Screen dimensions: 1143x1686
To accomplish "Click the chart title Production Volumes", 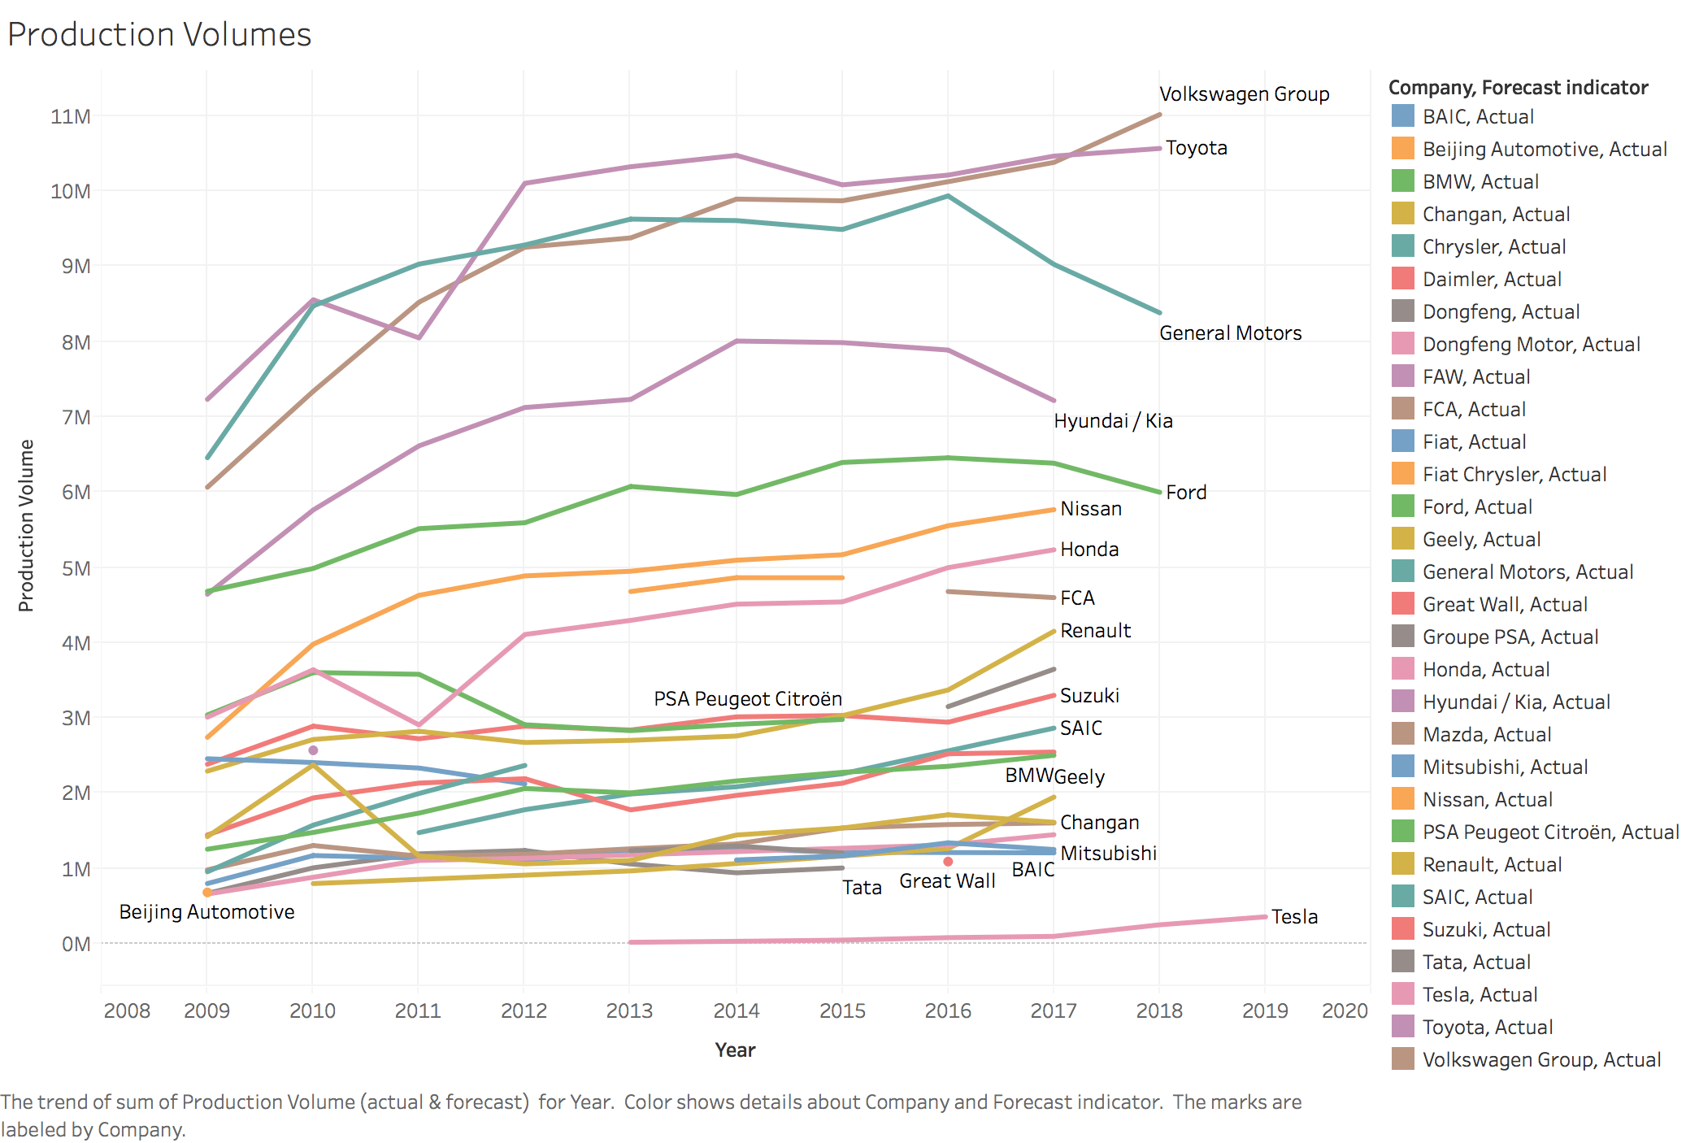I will [x=159, y=34].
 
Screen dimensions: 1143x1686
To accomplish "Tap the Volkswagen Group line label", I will [x=1244, y=94].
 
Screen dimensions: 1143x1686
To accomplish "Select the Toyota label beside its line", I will [x=1196, y=148].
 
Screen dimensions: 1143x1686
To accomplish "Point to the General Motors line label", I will [x=1230, y=333].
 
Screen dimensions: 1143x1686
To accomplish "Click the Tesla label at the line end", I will [x=1294, y=917].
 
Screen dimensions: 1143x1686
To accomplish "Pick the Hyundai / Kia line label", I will [x=1113, y=421].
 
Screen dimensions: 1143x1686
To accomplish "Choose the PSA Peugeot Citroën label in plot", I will [x=747, y=699].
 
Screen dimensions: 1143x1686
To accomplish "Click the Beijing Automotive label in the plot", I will [x=206, y=912].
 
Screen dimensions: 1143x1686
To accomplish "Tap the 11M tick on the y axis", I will [x=71, y=116].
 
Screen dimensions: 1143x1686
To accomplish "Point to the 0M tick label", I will [x=76, y=944].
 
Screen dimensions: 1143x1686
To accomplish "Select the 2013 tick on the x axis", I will [x=629, y=1010].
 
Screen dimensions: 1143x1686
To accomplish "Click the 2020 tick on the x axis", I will [x=1345, y=1010].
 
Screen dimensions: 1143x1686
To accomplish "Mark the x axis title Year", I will [x=735, y=1050].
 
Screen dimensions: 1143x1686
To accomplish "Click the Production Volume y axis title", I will [x=26, y=525].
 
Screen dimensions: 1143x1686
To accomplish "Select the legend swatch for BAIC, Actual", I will [x=1402, y=116].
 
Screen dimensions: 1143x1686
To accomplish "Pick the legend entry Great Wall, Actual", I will [x=1504, y=604].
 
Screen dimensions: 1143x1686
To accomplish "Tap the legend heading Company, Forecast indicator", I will [x=1518, y=88].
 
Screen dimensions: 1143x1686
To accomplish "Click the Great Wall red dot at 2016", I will [x=948, y=862].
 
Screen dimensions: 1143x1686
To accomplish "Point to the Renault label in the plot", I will [x=1095, y=631].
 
